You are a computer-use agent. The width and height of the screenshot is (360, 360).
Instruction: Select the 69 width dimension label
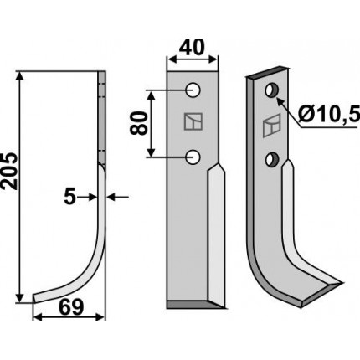pos(71,307)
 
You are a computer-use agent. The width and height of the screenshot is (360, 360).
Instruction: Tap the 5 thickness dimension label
pos(69,198)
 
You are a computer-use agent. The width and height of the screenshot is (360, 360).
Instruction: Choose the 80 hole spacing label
pos(139,123)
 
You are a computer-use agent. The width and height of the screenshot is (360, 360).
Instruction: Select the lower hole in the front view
pos(193,157)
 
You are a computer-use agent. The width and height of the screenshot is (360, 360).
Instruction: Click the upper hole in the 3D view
pos(271,90)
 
